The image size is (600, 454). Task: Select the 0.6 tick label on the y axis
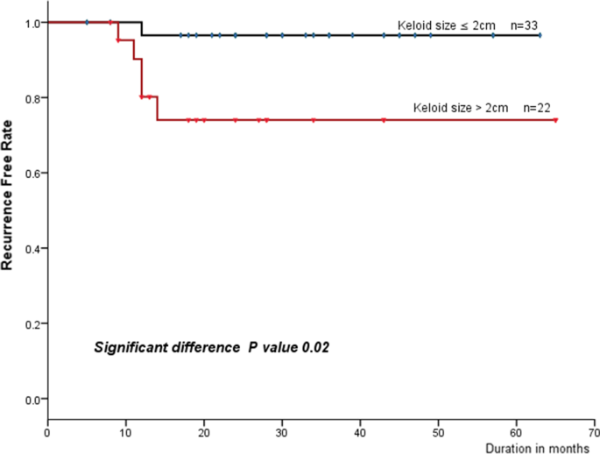click(x=31, y=174)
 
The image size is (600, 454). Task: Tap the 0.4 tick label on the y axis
click(x=31, y=249)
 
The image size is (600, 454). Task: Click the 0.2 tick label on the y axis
click(x=31, y=324)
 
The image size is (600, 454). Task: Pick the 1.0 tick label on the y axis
click(x=31, y=23)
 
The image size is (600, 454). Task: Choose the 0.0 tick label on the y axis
click(x=31, y=400)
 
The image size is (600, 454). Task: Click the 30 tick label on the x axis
click(x=282, y=432)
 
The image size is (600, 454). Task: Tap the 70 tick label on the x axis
click(x=595, y=432)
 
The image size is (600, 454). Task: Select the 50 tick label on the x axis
click(x=438, y=432)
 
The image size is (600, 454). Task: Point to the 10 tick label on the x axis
click(x=125, y=432)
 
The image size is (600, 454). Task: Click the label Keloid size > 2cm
click(x=460, y=108)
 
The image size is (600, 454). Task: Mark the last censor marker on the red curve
click(x=555, y=120)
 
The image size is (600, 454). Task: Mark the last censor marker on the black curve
click(x=540, y=35)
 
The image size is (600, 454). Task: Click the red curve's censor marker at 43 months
click(x=384, y=120)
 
